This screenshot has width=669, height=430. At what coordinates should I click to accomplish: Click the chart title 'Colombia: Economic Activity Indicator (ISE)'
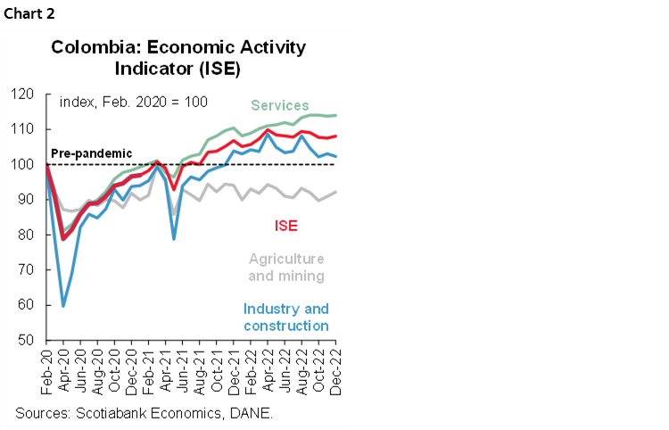click(178, 56)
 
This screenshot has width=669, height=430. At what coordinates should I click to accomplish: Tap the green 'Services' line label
click(279, 105)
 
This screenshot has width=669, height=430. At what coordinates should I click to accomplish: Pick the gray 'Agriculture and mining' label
click(286, 267)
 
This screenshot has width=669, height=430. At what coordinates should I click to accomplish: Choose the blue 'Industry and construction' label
click(285, 318)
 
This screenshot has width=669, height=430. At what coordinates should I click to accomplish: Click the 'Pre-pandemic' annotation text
click(90, 153)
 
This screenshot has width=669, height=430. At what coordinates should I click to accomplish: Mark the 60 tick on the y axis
click(26, 305)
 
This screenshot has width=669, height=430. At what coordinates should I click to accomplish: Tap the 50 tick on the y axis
click(26, 340)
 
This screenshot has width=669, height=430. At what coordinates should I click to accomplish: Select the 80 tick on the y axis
click(26, 235)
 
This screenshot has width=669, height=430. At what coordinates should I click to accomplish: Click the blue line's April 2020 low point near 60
click(62, 305)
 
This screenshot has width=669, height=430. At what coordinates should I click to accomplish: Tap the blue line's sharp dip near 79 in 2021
click(173, 238)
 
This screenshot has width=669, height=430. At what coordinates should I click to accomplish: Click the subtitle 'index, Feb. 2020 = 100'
click(133, 102)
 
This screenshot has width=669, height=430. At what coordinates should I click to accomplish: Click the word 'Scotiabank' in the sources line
click(119, 413)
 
